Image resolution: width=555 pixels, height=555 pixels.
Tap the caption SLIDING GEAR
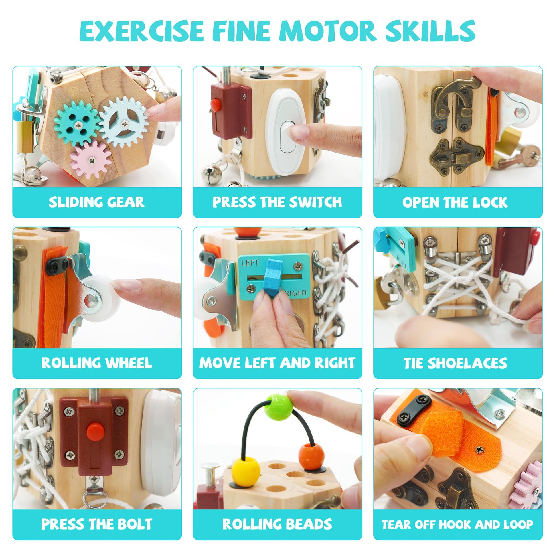[x=96, y=202]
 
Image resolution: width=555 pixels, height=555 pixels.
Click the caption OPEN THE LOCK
[x=455, y=202]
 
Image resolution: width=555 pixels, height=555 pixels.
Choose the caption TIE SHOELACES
[x=455, y=363]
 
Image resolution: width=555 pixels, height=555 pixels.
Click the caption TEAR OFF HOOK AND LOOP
[x=457, y=524]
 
